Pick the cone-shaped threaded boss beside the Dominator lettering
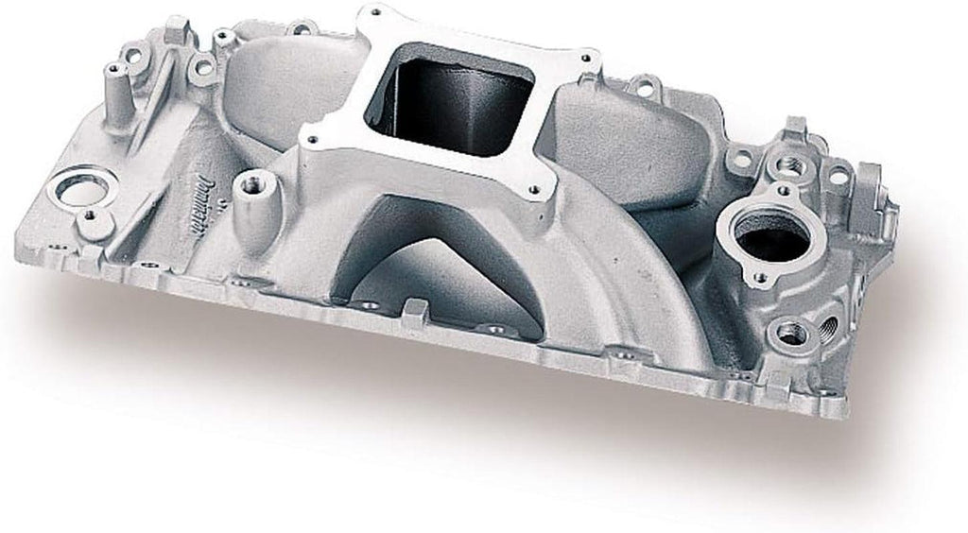click(x=251, y=193)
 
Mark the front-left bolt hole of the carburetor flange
click(x=311, y=142)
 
